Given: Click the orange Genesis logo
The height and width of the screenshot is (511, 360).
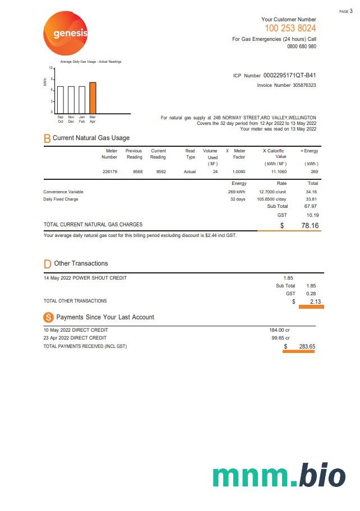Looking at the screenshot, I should pos(66,34).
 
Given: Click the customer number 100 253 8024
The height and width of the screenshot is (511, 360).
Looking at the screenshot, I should pos(290,29).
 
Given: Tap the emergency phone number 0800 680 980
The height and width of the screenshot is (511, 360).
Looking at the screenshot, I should pos(301,47).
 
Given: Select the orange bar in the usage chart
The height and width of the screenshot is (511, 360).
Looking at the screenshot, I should pos(93,97).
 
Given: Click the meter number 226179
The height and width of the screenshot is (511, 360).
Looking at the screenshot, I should pos(110,171).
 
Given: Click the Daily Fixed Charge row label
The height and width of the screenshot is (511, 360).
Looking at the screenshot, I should pos(61,199).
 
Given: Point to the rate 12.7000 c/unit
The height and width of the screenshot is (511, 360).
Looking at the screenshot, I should pos(273,192).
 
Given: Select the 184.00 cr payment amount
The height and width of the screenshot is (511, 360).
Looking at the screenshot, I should pos(279,330).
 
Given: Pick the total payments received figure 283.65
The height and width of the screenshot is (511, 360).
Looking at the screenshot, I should pos(307,346).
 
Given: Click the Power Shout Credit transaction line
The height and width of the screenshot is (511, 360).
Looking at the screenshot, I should pos(85,278).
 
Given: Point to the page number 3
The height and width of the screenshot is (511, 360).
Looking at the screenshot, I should pos(351,11).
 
